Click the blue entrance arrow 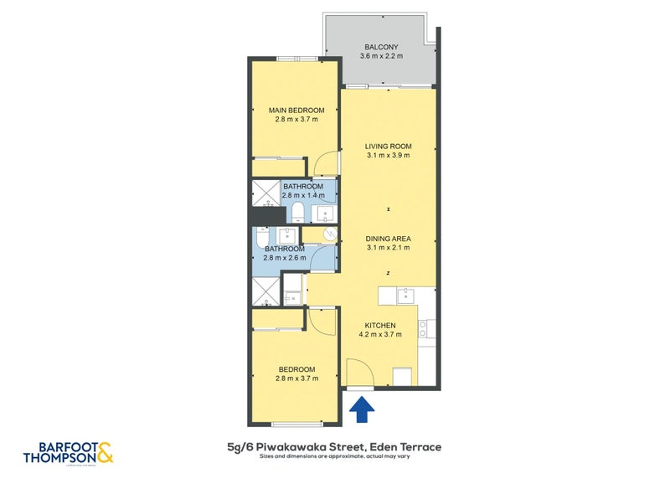point(362,409)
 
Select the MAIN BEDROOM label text point(296,110)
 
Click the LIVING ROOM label point(388,146)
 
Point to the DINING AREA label point(388,238)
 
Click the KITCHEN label point(379,326)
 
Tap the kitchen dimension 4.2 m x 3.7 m point(379,335)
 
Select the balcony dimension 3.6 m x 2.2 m point(381,56)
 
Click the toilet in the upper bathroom point(296,209)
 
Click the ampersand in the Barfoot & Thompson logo point(105,453)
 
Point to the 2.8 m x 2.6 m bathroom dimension point(285,258)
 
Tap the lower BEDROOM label point(296,369)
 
